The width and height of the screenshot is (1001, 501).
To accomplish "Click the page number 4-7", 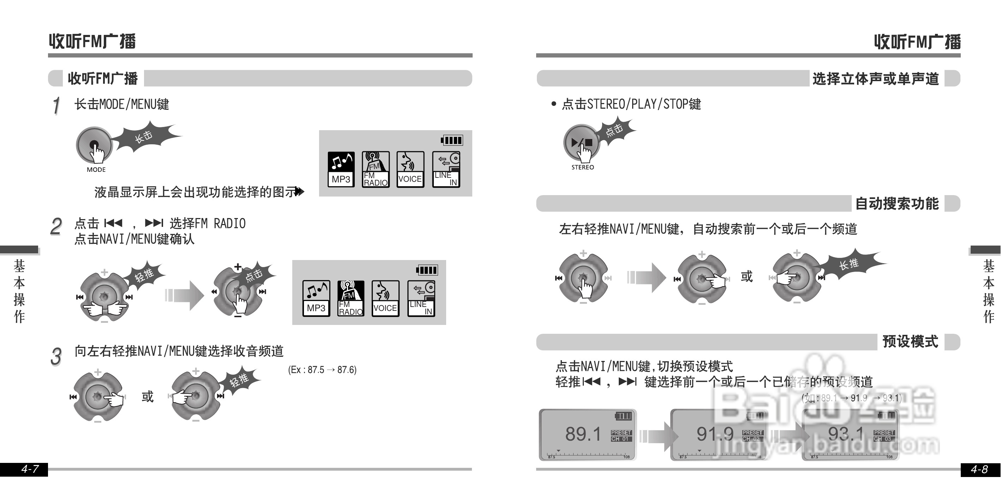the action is click(30, 469).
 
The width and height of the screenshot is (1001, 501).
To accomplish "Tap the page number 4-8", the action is click(979, 470).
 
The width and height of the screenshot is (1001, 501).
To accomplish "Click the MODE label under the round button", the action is click(96, 170).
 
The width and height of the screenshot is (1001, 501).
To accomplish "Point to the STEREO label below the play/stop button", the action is click(582, 167).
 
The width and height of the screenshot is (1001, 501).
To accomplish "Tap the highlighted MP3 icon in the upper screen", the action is click(341, 169).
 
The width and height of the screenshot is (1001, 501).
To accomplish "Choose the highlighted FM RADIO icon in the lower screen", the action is click(350, 298).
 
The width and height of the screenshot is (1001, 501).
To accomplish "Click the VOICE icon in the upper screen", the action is click(410, 169).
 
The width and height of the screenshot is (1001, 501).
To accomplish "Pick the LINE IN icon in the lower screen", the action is click(421, 298).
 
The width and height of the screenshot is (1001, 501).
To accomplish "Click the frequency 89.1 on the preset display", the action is click(583, 434).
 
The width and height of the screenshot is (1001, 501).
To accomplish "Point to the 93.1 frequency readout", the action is click(846, 434).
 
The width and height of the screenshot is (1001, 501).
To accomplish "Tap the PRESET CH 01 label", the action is click(621, 436).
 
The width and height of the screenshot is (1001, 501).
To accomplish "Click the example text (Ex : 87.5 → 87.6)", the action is click(322, 370).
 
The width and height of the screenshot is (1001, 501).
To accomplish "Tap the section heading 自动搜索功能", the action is click(897, 204).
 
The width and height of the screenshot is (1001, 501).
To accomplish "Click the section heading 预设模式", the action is click(910, 342).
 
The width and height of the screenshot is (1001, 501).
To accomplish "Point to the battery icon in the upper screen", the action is click(452, 140).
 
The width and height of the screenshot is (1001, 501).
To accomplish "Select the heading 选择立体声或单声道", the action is click(875, 79).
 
